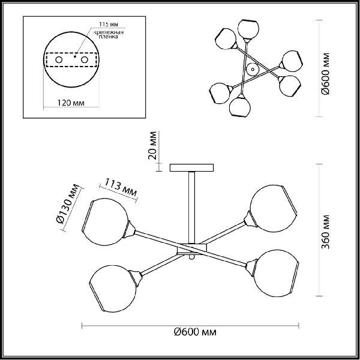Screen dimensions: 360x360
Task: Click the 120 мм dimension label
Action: point(71,103)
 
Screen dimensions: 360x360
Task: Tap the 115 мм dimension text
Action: point(109,25)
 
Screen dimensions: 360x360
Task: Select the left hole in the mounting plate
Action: point(59,59)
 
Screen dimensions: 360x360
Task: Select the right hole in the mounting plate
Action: point(85,59)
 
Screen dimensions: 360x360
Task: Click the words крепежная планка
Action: point(109,34)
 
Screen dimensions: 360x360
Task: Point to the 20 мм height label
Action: point(152,145)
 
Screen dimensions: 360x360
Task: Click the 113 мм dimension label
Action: point(121,188)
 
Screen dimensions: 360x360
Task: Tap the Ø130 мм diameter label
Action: point(67,203)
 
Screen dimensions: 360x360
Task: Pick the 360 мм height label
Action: point(325,232)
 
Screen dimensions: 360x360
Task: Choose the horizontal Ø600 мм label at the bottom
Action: point(195,332)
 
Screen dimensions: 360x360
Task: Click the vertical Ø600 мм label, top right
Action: point(325,74)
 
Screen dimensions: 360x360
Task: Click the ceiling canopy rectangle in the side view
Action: point(192,167)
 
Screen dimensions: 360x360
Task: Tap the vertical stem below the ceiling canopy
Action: point(192,208)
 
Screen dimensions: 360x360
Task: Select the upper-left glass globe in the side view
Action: point(106,222)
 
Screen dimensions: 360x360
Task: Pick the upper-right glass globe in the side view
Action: point(273,208)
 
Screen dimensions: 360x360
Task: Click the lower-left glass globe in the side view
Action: point(113,289)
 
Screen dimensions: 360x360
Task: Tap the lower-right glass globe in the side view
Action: point(277,273)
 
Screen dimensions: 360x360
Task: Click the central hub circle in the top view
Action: point(253,69)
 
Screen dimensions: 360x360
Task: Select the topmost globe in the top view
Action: point(248,29)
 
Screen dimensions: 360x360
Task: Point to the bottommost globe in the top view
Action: point(239,107)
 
